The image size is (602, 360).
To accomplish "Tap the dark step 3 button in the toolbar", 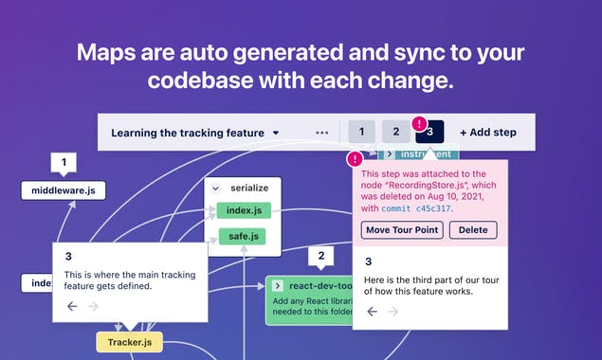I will pyautogui.click(x=429, y=133).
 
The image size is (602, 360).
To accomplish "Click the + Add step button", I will pyautogui.click(x=487, y=133).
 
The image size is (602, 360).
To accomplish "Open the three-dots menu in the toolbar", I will pyautogui.click(x=322, y=133).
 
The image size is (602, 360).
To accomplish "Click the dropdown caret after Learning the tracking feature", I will pyautogui.click(x=275, y=133).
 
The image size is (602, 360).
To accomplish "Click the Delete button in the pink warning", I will pyautogui.click(x=472, y=230).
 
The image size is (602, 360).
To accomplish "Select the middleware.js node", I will pyautogui.click(x=64, y=190).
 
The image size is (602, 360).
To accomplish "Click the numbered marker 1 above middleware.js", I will pyautogui.click(x=64, y=164).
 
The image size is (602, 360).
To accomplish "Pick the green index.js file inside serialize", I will pyautogui.click(x=244, y=209).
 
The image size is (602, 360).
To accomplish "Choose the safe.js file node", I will pyautogui.click(x=244, y=236).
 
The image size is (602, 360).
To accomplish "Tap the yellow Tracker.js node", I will pyautogui.click(x=130, y=340).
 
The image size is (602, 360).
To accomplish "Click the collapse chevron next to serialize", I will pyautogui.click(x=216, y=189).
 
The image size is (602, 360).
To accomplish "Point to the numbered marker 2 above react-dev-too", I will pyautogui.click(x=321, y=255).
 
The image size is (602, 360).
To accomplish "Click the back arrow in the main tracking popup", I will pyautogui.click(x=72, y=306).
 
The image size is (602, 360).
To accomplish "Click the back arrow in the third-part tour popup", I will pyautogui.click(x=371, y=312).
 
